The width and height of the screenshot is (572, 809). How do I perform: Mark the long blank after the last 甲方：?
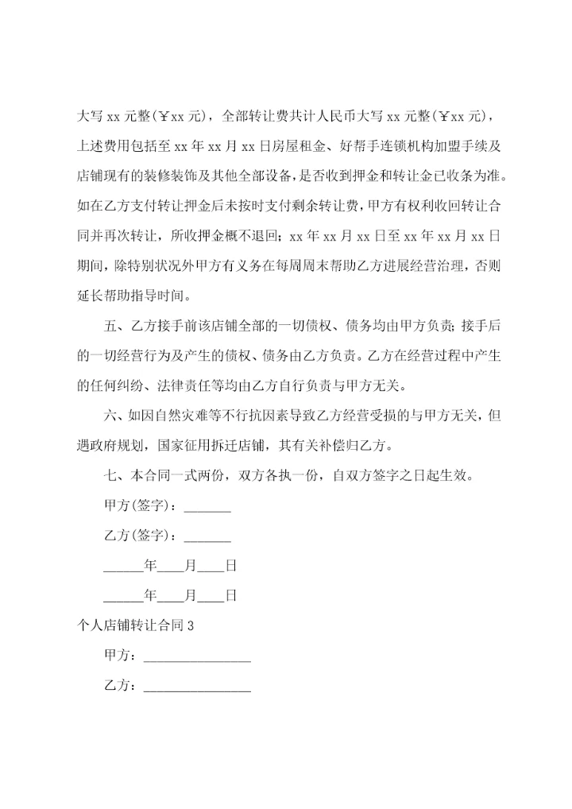pyautogui.click(x=196, y=658)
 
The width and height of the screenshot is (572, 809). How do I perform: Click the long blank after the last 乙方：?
pyautogui.click(x=196, y=688)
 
